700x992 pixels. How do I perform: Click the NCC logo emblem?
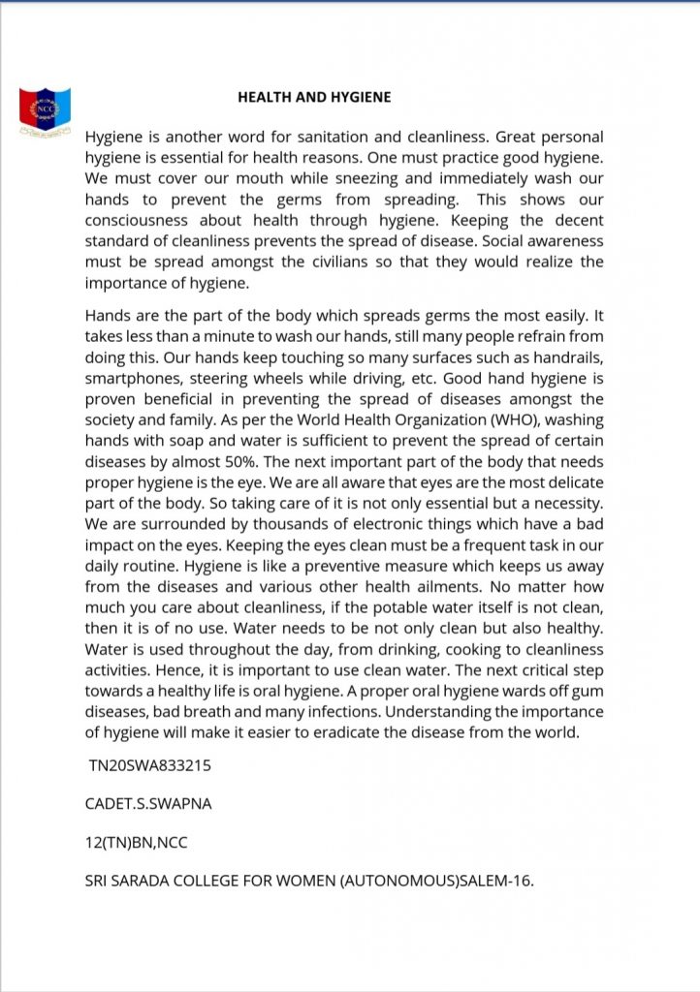44,110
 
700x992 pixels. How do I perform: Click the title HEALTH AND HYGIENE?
314,98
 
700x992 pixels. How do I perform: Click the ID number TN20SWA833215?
150,765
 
